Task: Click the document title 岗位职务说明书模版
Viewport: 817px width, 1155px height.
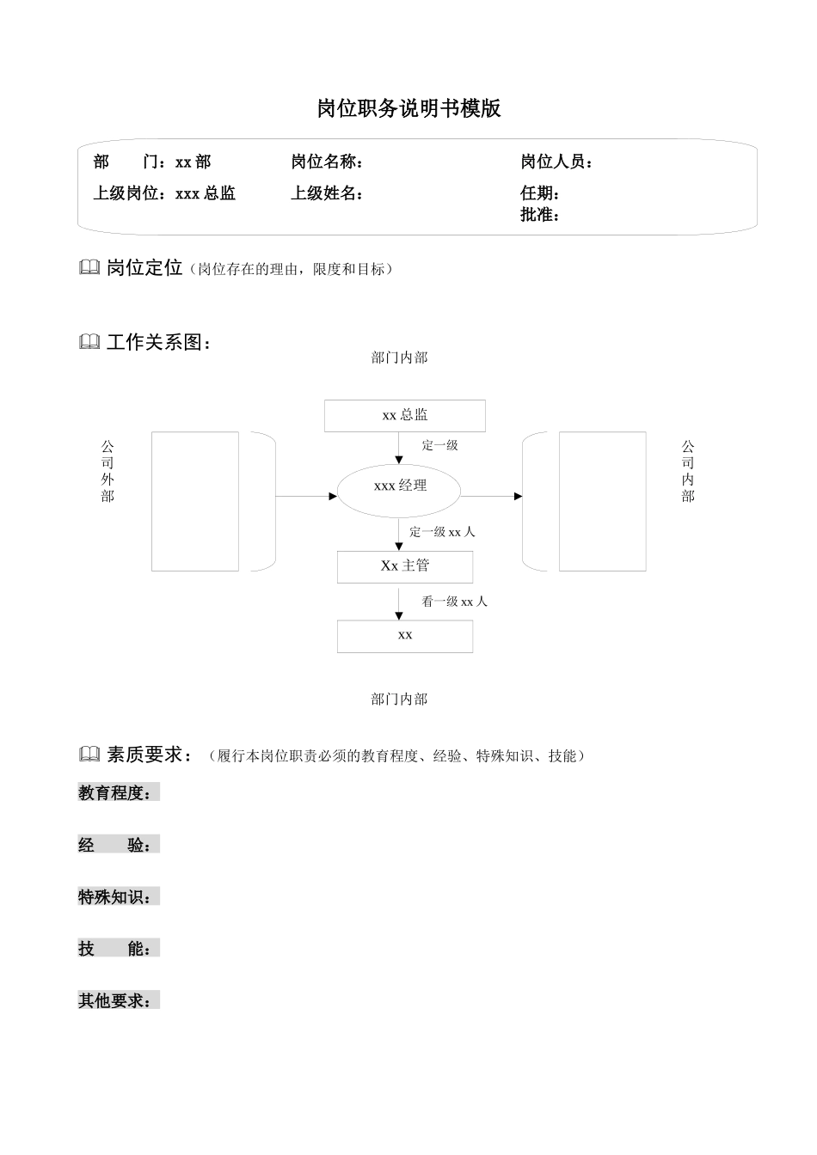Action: coord(408,109)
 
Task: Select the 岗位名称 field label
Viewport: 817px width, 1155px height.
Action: coord(326,162)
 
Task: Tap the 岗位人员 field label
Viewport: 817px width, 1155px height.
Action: coord(556,162)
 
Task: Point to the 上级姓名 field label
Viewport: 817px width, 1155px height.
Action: coord(326,193)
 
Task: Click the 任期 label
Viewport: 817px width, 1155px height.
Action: coord(540,193)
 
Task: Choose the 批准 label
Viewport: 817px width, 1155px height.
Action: coord(540,215)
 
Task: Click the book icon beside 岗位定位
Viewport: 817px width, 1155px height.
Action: coord(89,268)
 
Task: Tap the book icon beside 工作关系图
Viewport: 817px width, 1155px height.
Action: coord(89,342)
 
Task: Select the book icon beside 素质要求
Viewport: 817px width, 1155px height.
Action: coord(89,755)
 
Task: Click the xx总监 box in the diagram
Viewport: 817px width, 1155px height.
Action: coord(404,415)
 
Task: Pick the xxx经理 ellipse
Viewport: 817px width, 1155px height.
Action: coord(399,486)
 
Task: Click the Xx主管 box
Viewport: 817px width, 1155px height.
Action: coord(404,566)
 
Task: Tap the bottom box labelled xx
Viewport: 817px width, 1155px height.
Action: coord(404,636)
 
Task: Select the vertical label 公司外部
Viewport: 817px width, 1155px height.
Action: coord(107,471)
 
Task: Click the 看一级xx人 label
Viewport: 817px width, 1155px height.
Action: coord(454,602)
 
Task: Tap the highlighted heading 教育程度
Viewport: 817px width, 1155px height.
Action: coord(118,793)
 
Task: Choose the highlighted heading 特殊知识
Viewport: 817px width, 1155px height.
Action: coord(118,897)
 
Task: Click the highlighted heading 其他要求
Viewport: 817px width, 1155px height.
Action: coord(118,1001)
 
